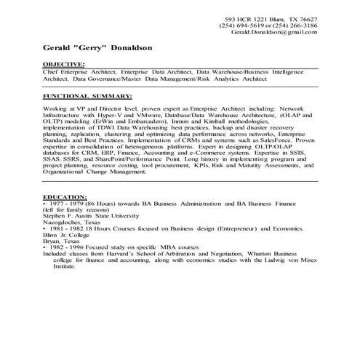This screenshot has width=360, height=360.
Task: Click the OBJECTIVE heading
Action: click(64, 65)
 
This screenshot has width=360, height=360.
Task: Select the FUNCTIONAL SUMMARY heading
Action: click(87, 95)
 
